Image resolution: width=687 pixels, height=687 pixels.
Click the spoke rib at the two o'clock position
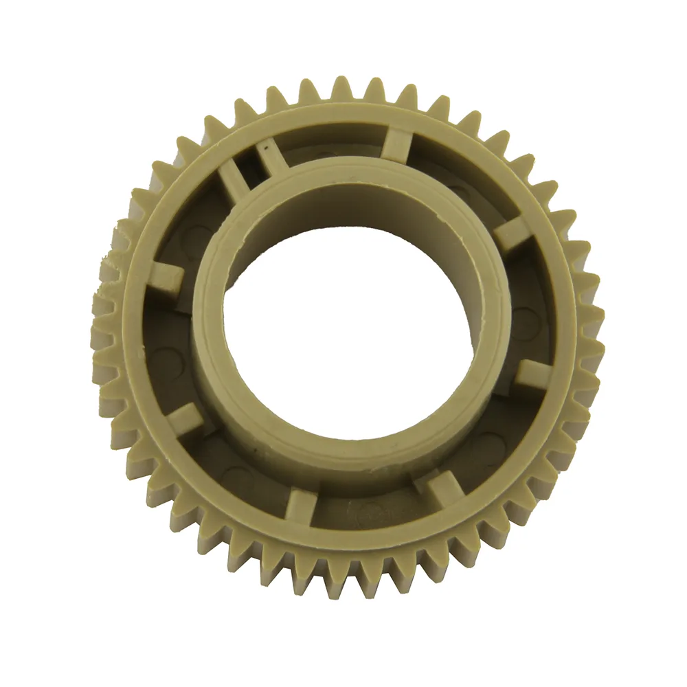[511, 234]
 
